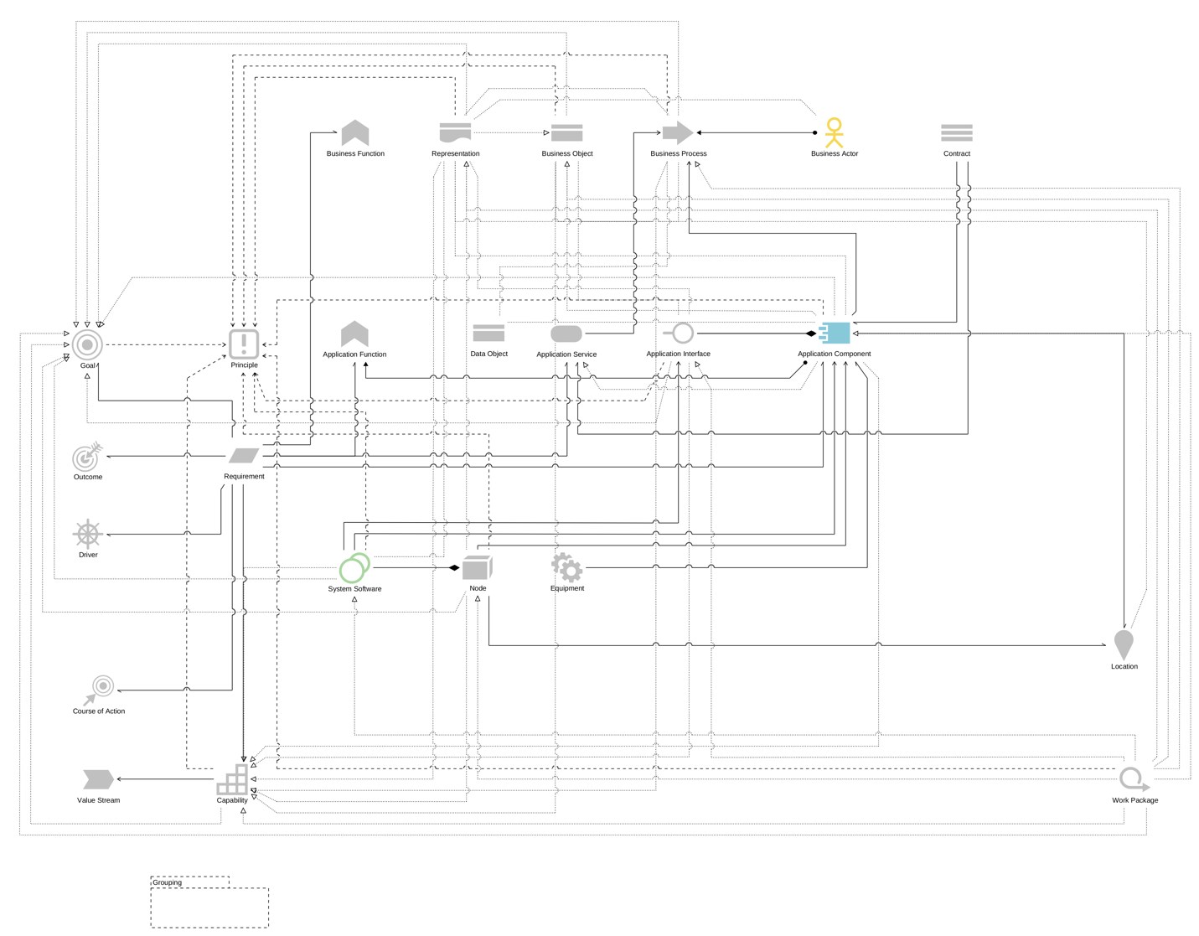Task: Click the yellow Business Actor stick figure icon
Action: [x=834, y=132]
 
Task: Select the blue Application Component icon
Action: [x=835, y=333]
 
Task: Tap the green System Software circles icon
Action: [x=354, y=568]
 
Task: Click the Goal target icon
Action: [x=87, y=344]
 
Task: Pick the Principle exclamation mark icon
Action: [x=244, y=344]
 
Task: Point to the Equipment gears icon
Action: [x=567, y=567]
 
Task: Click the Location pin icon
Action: [x=1124, y=644]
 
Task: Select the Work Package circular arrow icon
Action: [x=1133, y=779]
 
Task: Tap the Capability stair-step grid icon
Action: [x=232, y=779]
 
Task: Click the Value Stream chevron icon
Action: [x=98, y=779]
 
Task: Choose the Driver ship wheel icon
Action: [x=87, y=534]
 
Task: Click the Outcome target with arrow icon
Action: [x=87, y=457]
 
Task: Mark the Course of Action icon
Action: [x=100, y=689]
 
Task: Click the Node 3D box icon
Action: [x=477, y=567]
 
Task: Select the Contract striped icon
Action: [x=956, y=132]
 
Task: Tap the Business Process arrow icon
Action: [x=677, y=132]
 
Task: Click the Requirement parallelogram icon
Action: [x=244, y=456]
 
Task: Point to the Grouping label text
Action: [x=167, y=882]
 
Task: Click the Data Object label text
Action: [x=488, y=354]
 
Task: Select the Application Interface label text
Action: [x=678, y=354]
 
